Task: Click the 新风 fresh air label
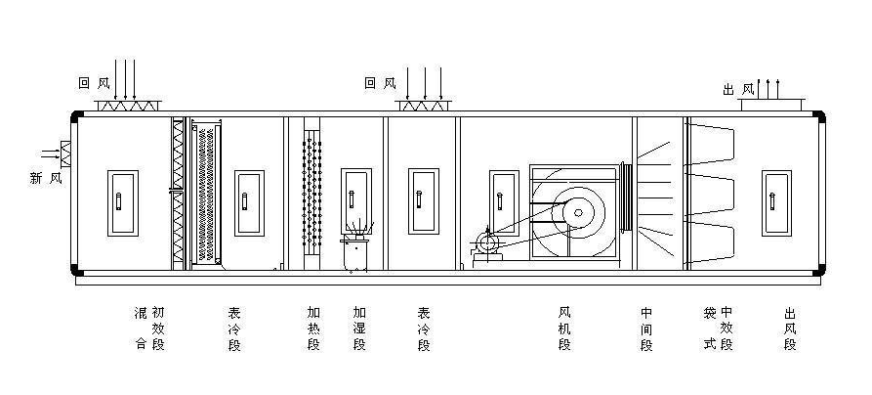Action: pos(47,177)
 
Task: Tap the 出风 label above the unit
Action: pos(738,89)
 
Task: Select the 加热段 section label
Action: pos(313,329)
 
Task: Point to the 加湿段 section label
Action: pos(358,329)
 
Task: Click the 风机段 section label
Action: pos(564,329)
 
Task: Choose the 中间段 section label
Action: pos(646,329)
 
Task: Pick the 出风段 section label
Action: pos(790,329)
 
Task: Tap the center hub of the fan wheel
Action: pos(575,211)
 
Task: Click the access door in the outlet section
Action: pos(776,201)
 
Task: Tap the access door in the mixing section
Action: pos(120,202)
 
